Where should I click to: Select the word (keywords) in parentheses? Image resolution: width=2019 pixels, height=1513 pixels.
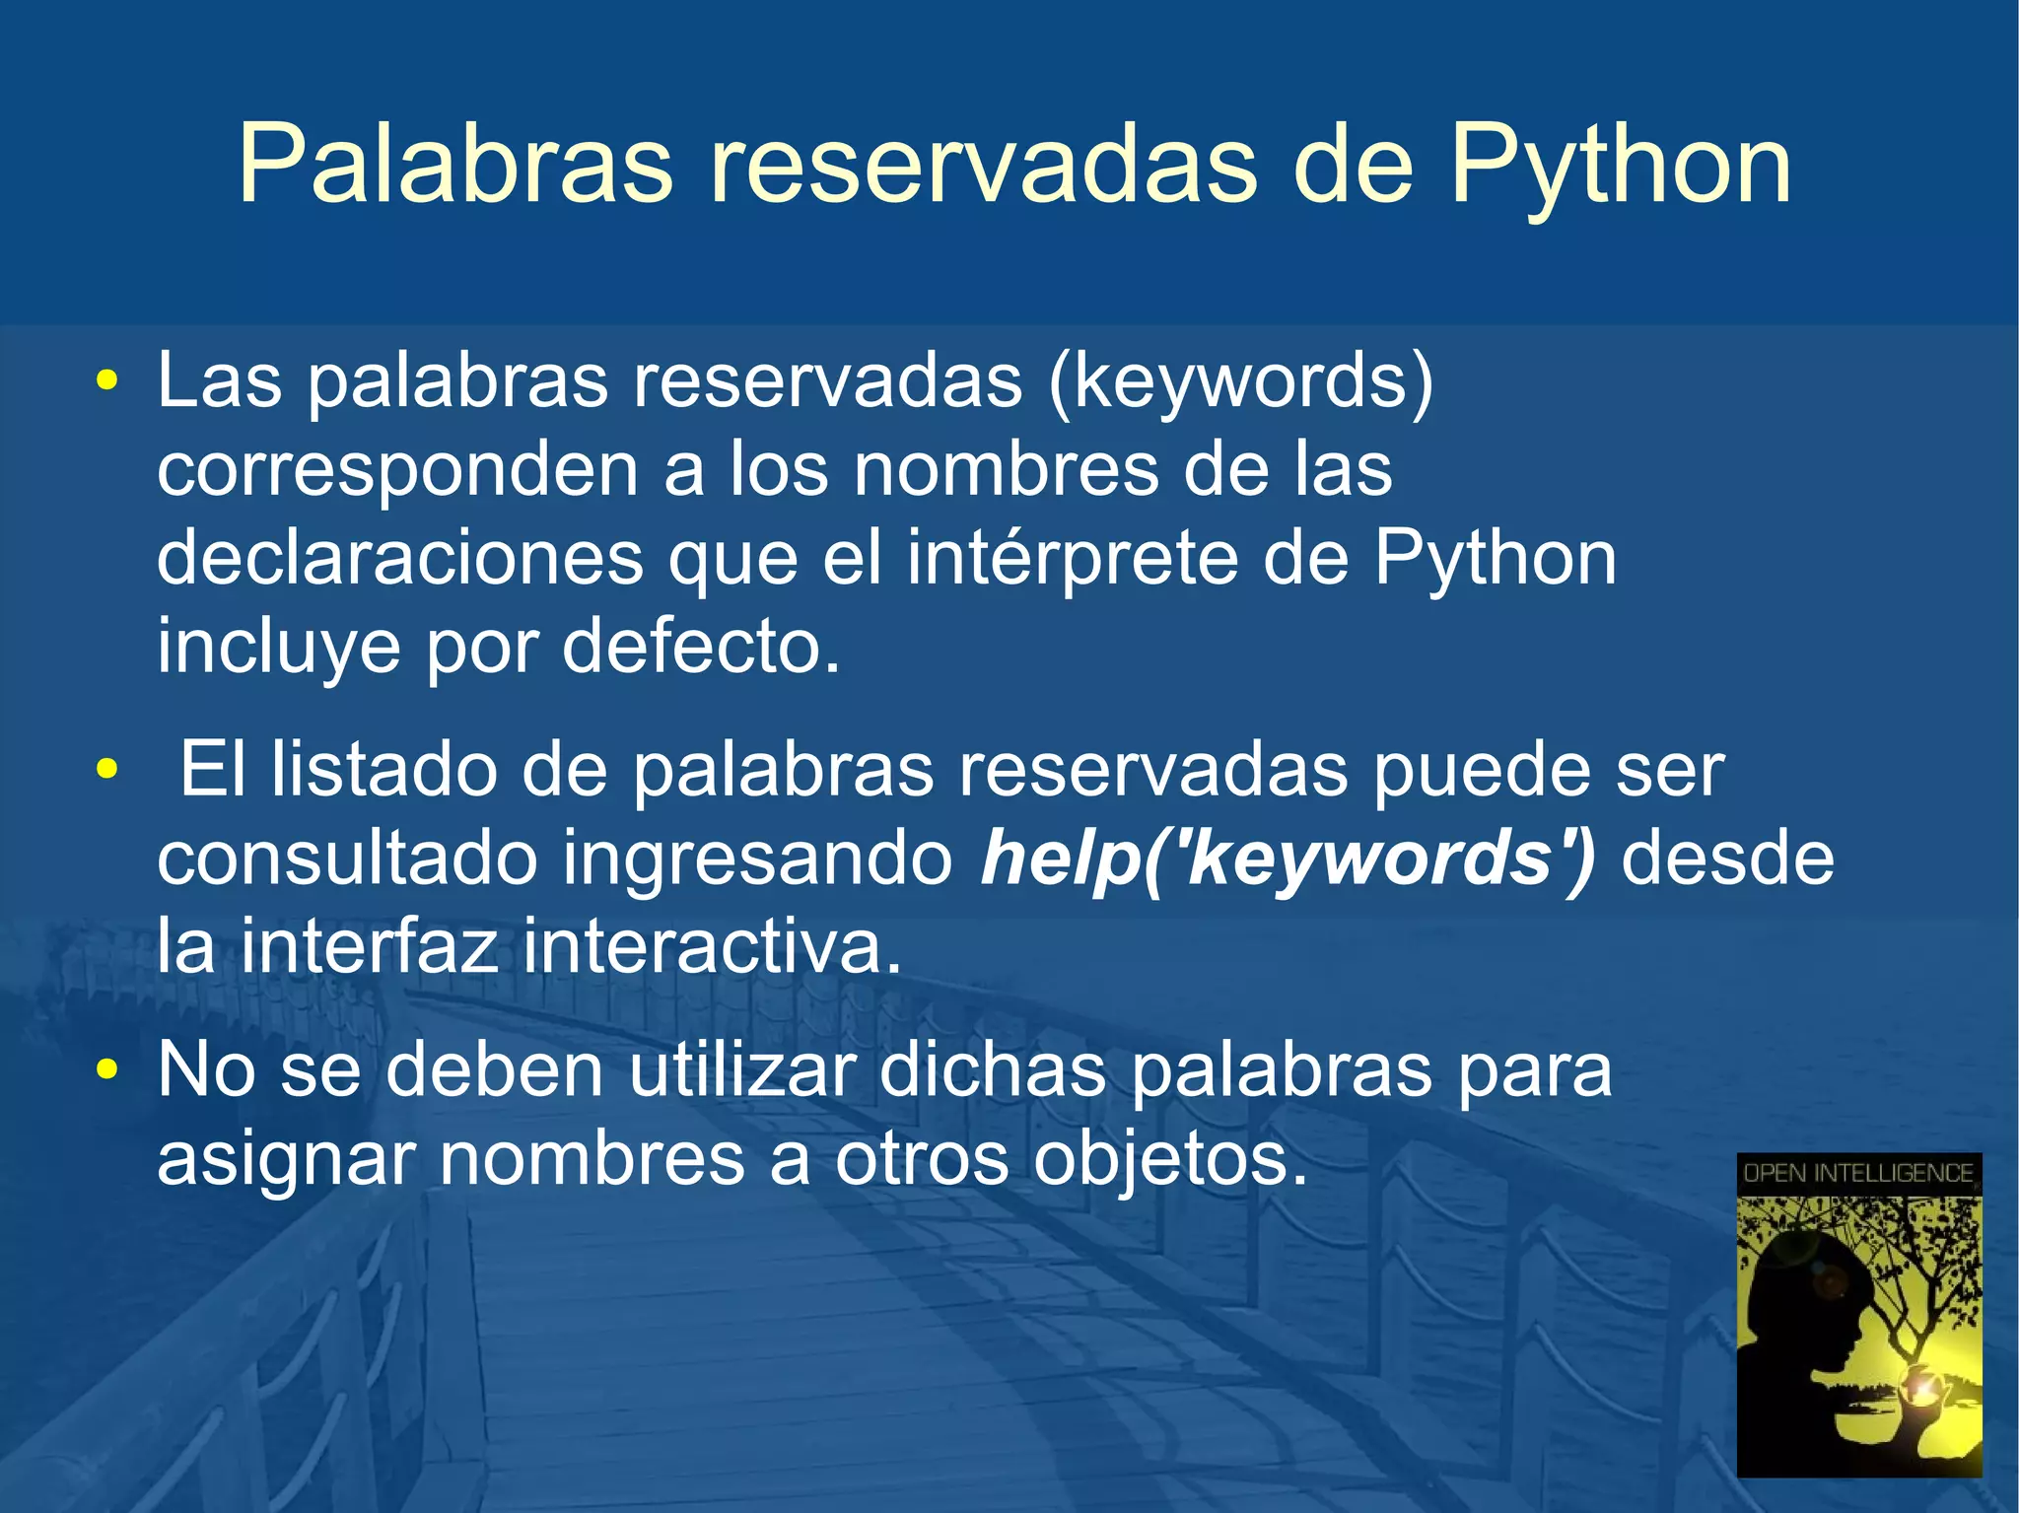[x=1241, y=382]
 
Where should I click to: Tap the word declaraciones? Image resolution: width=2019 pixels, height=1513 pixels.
[x=399, y=559]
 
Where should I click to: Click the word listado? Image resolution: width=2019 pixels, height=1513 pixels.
[x=383, y=770]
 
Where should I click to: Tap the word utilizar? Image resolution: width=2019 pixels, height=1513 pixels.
[x=740, y=1070]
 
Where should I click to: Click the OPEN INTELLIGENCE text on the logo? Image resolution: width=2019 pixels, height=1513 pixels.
[x=1857, y=1173]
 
